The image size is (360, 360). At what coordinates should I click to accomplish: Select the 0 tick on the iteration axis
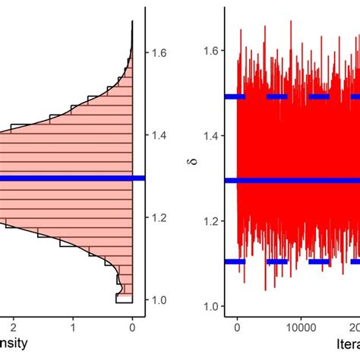pyautogui.click(x=237, y=329)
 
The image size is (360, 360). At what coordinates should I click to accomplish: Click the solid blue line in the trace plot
pyautogui.click(x=296, y=181)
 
